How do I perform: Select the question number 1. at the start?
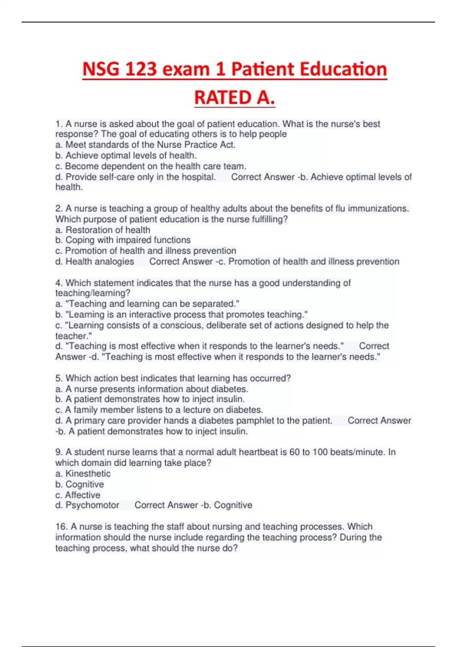(59, 124)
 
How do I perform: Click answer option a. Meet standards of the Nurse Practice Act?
(145, 145)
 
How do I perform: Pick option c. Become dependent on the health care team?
(151, 166)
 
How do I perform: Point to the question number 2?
(59, 209)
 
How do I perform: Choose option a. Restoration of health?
(103, 230)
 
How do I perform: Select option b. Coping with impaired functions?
(123, 240)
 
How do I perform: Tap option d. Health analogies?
(94, 261)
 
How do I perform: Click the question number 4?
(59, 283)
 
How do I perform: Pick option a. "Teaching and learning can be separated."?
(147, 304)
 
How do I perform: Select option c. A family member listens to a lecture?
(159, 410)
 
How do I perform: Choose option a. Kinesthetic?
(83, 474)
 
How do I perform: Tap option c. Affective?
(78, 495)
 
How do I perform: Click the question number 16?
(61, 527)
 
